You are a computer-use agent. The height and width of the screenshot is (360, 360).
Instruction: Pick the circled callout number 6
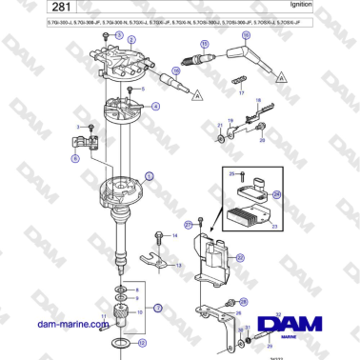click(x=76, y=159)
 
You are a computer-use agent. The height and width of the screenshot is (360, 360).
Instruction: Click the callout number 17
click(x=242, y=94)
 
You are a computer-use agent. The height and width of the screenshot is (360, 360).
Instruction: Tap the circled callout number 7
click(x=158, y=308)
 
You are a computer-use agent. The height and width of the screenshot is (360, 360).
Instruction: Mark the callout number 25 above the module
click(x=229, y=174)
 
